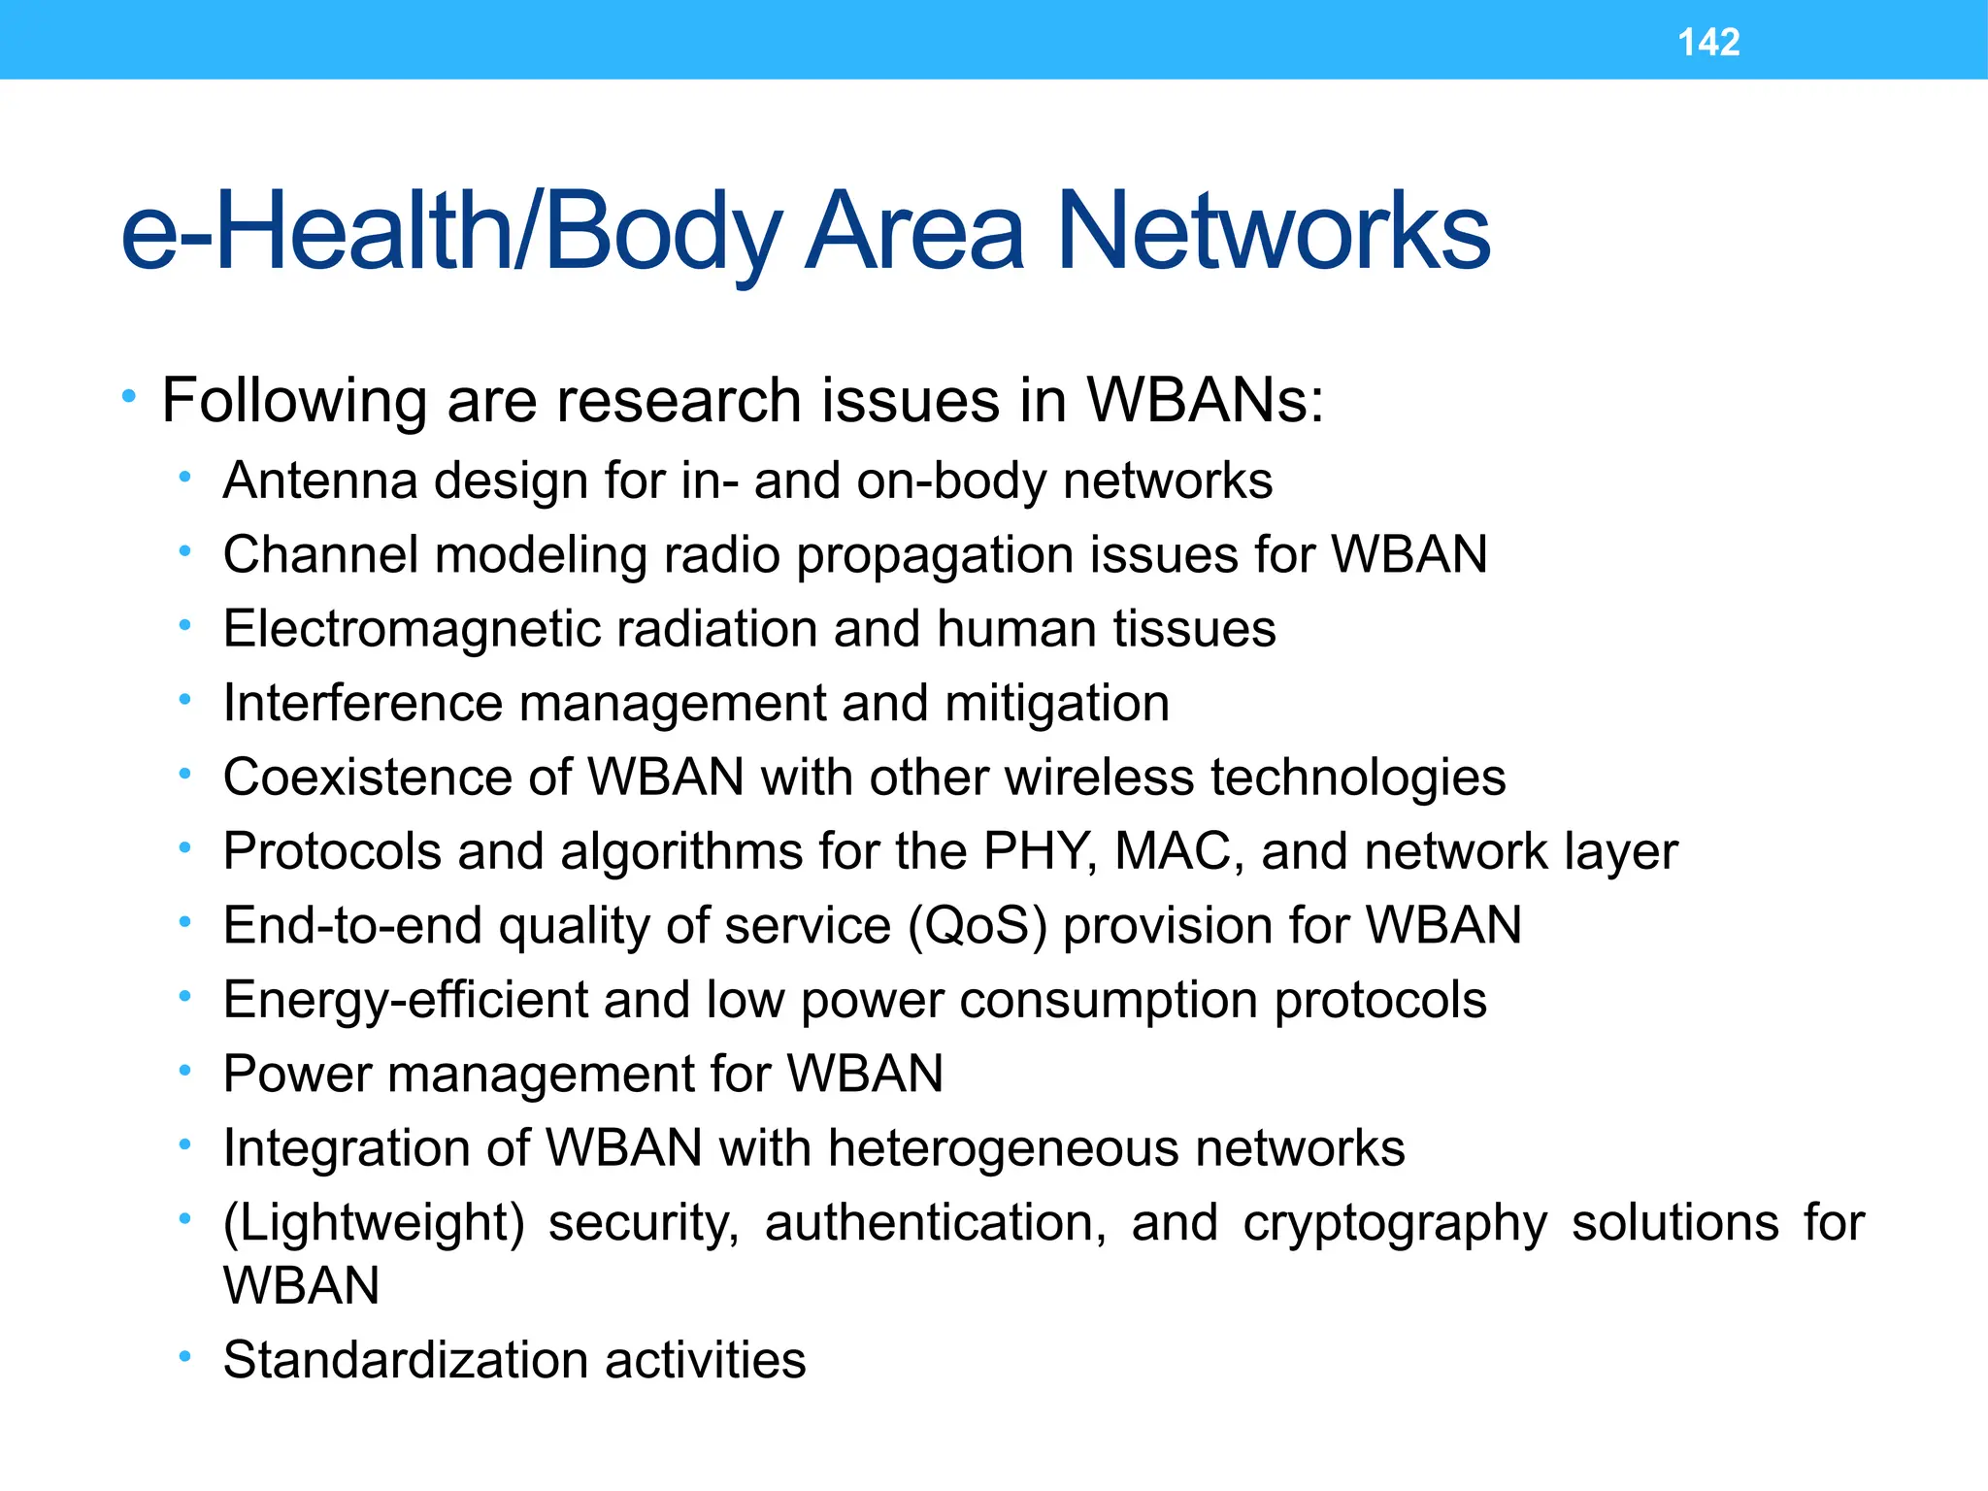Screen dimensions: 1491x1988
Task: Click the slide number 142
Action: click(1708, 43)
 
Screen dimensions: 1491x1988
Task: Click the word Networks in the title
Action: click(1273, 232)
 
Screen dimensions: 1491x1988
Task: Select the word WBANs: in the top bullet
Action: click(1205, 400)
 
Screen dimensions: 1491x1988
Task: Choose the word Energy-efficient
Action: click(404, 1001)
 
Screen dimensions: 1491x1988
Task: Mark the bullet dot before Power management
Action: click(184, 1071)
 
